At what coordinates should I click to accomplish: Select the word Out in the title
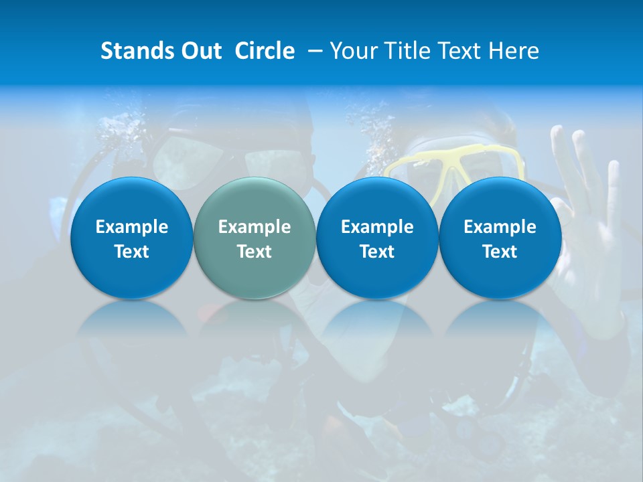[199, 51]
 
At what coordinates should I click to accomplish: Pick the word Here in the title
[513, 51]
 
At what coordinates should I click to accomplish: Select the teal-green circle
[255, 238]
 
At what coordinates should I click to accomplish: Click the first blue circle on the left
[131, 238]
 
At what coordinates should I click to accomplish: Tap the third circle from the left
[377, 238]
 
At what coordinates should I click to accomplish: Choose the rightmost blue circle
[500, 238]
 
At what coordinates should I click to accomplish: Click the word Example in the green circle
[255, 227]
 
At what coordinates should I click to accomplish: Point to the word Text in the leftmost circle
[131, 252]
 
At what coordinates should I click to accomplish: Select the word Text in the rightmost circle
[500, 252]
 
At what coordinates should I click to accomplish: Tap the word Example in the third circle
[377, 227]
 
